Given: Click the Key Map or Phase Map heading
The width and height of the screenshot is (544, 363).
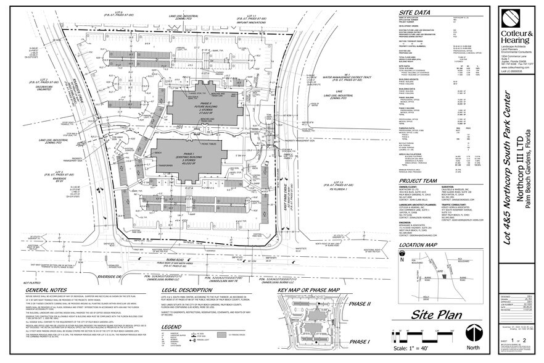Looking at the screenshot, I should click(308, 290).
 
